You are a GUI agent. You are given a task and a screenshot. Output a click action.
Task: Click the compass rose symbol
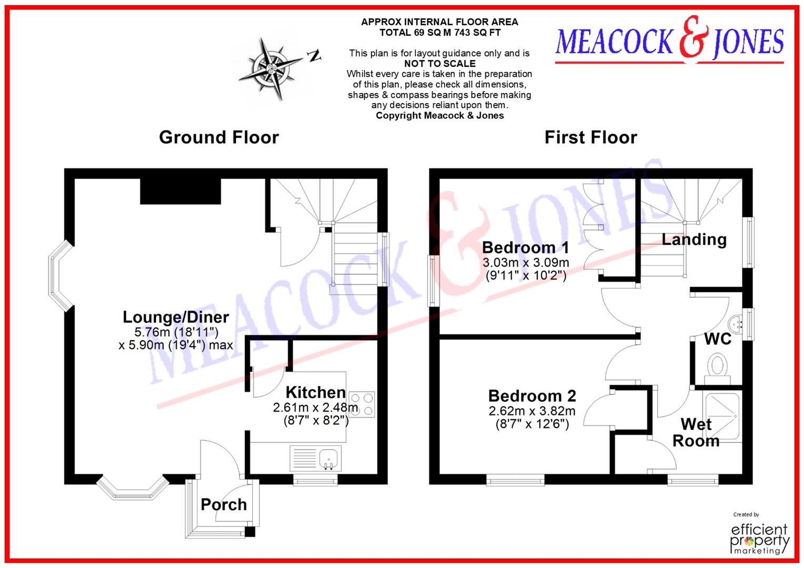[269, 68]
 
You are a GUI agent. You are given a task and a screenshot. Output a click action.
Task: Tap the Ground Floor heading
[219, 137]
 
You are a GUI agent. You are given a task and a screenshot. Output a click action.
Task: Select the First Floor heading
[590, 137]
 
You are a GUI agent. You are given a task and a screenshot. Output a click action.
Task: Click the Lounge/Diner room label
[176, 317]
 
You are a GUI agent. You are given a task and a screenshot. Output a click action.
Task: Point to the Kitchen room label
[315, 392]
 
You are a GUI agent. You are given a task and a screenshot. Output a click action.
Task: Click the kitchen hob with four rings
[362, 404]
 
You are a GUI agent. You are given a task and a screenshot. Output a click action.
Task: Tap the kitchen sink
[329, 458]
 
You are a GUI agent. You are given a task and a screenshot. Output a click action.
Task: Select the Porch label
[224, 504]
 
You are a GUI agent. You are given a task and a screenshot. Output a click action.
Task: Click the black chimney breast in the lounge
[180, 191]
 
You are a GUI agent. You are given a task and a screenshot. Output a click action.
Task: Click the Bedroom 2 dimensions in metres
[532, 411]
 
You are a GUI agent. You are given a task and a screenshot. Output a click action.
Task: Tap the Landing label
[694, 240]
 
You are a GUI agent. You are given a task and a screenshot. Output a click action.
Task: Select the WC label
[718, 339]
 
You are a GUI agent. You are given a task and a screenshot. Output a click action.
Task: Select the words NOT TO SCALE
[440, 64]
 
